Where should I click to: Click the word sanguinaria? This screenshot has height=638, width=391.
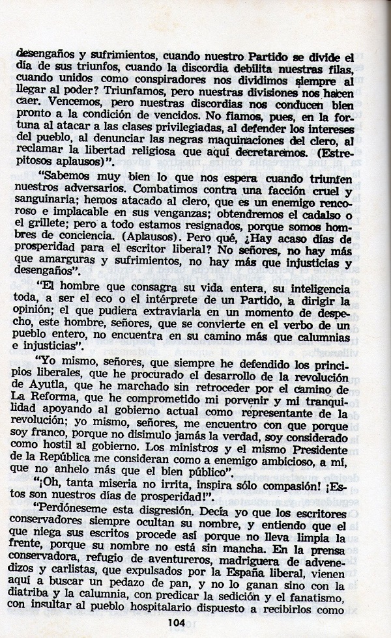coord(48,206)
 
